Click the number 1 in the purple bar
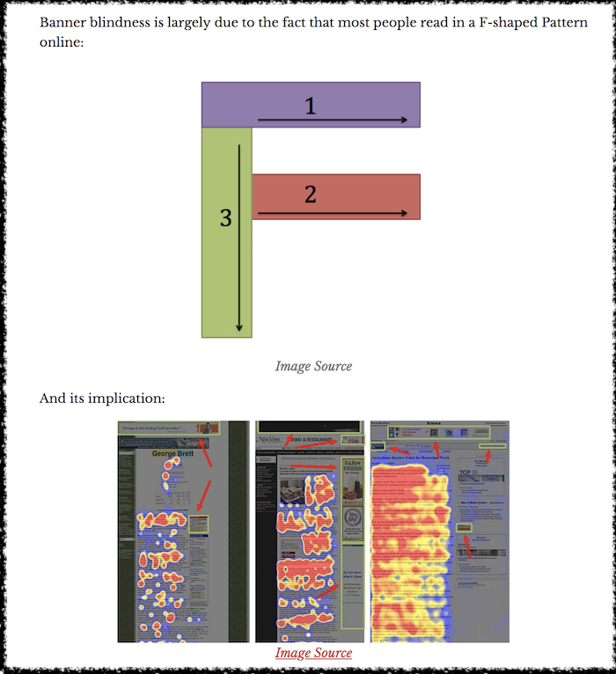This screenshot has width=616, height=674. coord(310,106)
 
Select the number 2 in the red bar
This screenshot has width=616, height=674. coord(310,194)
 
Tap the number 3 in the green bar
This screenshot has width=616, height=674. coord(225,218)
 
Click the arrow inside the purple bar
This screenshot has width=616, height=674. coord(333,120)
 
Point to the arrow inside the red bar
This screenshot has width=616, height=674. coord(333,213)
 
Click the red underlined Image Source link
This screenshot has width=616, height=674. coord(313,653)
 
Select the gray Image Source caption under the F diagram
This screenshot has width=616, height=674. coord(313,366)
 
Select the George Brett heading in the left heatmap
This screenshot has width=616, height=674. coord(172,455)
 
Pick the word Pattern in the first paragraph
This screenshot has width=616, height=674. coord(558,22)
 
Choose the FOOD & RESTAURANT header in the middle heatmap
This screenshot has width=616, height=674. coord(311,439)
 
